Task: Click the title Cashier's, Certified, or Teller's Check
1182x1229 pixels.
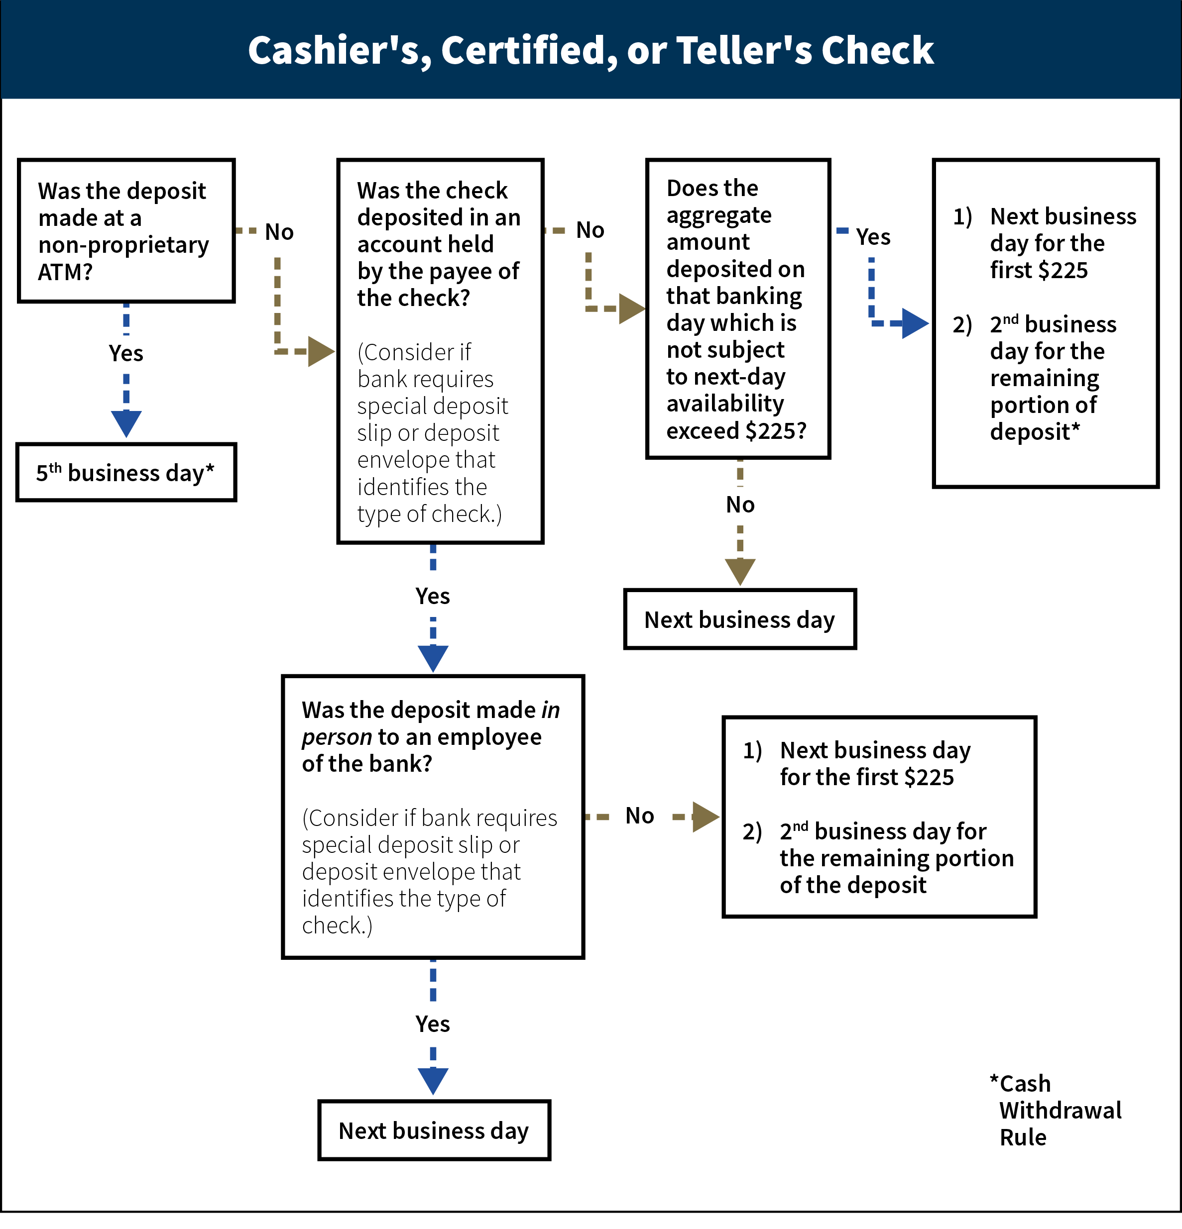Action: click(591, 50)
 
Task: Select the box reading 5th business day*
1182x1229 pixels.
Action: click(125, 473)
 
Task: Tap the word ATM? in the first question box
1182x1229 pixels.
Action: click(65, 272)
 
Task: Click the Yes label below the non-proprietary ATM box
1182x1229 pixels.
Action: click(125, 354)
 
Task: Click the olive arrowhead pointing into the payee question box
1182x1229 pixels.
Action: click(321, 351)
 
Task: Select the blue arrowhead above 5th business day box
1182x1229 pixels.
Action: click(125, 424)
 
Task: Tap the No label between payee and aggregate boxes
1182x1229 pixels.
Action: click(590, 230)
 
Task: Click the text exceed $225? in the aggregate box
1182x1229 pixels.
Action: click(736, 431)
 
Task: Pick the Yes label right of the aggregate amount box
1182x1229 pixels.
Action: click(873, 237)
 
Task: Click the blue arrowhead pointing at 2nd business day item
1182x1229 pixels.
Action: click(915, 323)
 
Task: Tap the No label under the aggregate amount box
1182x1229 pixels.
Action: click(740, 505)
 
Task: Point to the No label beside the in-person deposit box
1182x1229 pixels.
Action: click(639, 816)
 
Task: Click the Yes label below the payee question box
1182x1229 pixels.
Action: click(432, 596)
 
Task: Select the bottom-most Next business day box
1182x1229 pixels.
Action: click(434, 1130)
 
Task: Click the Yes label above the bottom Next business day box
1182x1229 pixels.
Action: click(432, 1024)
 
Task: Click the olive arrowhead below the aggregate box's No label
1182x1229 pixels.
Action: click(740, 571)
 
